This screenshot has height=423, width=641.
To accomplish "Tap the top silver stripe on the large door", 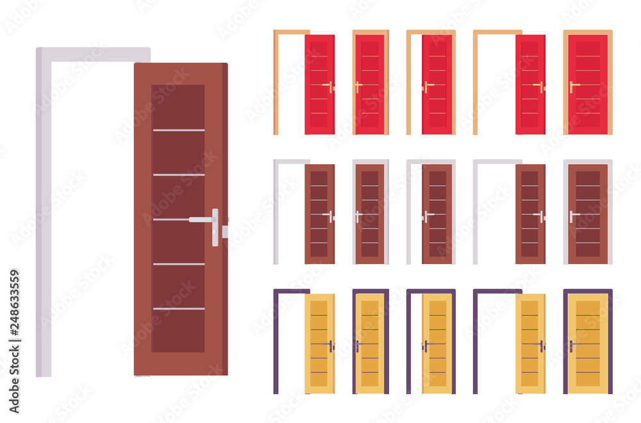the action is (x=178, y=130).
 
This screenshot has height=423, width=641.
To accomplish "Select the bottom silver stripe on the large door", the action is (x=178, y=309).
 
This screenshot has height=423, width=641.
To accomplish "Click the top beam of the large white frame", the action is (x=93, y=54).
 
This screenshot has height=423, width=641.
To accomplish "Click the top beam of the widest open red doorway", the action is (x=497, y=31).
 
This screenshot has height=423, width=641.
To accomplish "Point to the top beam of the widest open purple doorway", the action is (x=497, y=291).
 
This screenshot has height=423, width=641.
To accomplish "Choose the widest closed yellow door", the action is (x=588, y=343).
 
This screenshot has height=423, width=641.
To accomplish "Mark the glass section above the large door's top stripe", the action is (x=178, y=106).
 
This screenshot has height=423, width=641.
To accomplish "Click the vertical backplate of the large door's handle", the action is (x=215, y=228).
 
